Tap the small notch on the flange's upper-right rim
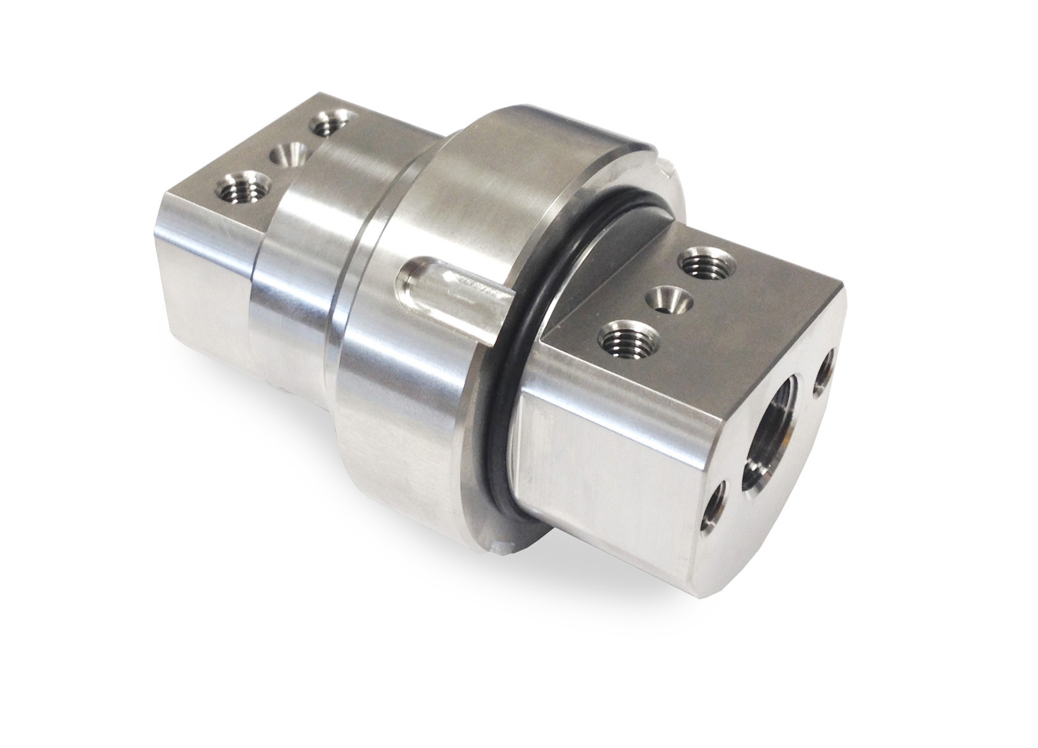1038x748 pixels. tap(665, 168)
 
